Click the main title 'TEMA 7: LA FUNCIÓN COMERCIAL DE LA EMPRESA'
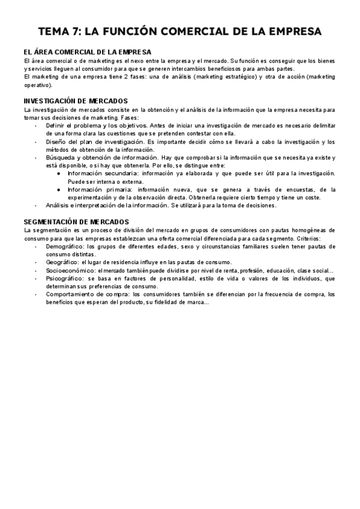click(179, 31)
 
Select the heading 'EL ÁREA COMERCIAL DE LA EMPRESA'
click(87, 53)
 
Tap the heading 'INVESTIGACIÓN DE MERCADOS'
click(76, 101)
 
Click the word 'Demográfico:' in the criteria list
click(64, 246)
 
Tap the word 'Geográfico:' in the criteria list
click(62, 262)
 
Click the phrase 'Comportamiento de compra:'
click(84, 295)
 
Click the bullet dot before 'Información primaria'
click(58, 190)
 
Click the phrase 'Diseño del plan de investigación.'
click(95, 142)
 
